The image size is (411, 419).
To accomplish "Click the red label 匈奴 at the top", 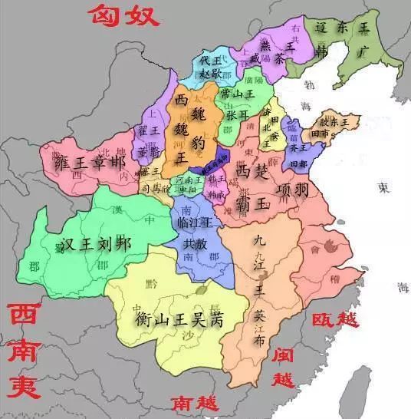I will pyautogui.click(x=120, y=14).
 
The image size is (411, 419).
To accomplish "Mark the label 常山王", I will pyautogui.click(x=236, y=94).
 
